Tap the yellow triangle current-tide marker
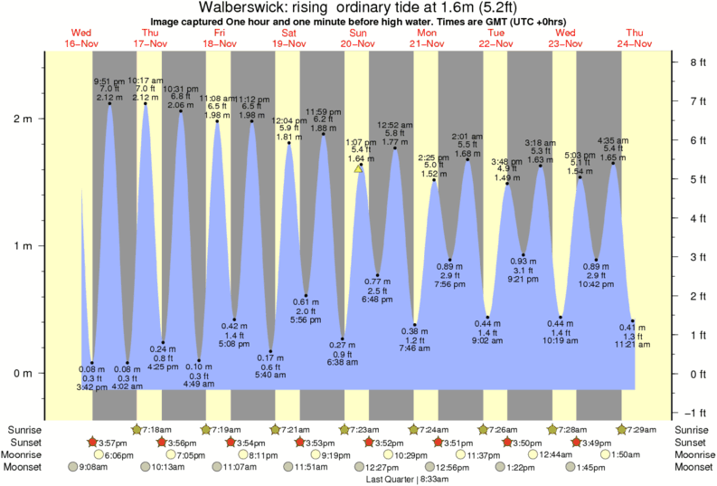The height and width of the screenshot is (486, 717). [x=358, y=168]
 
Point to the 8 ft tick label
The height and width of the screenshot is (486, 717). [x=696, y=62]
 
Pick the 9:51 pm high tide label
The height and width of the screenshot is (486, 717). [x=109, y=80]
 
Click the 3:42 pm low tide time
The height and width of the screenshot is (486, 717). [x=92, y=387]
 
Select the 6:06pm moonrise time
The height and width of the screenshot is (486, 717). [x=107, y=454]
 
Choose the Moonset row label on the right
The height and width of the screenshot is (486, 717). [x=693, y=468]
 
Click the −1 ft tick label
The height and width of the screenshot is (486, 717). [x=696, y=413]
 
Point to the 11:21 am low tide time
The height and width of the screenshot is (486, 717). [x=635, y=344]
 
